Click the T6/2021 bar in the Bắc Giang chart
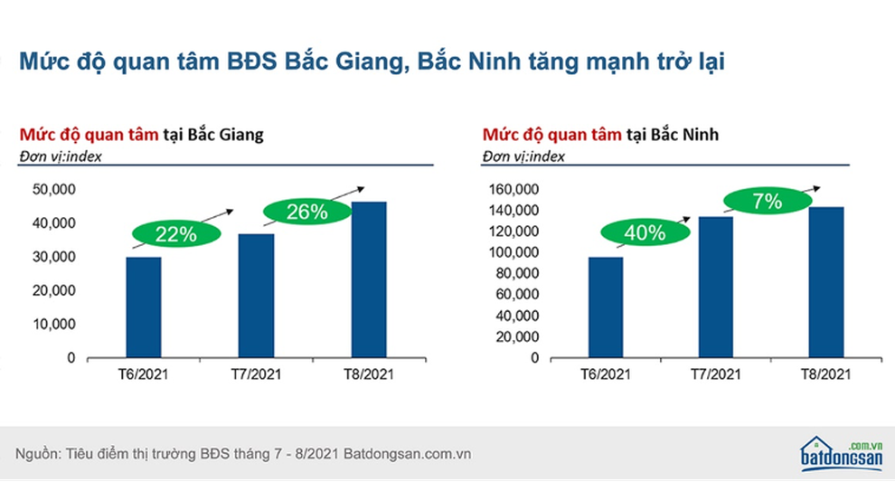tap(144, 307)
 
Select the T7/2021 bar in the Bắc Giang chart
tap(256, 296)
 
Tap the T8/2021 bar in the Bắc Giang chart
tap(368, 279)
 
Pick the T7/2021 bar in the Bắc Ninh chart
tap(715, 287)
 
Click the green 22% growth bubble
tap(176, 234)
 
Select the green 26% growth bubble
tap(306, 213)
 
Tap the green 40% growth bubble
tap(645, 232)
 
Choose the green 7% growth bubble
tap(766, 202)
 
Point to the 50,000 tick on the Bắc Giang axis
tap(55, 189)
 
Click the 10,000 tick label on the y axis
tap(55, 325)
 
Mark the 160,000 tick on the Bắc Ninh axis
tap(513, 189)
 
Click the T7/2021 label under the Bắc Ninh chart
tap(715, 373)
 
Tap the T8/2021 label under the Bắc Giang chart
tap(368, 373)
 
